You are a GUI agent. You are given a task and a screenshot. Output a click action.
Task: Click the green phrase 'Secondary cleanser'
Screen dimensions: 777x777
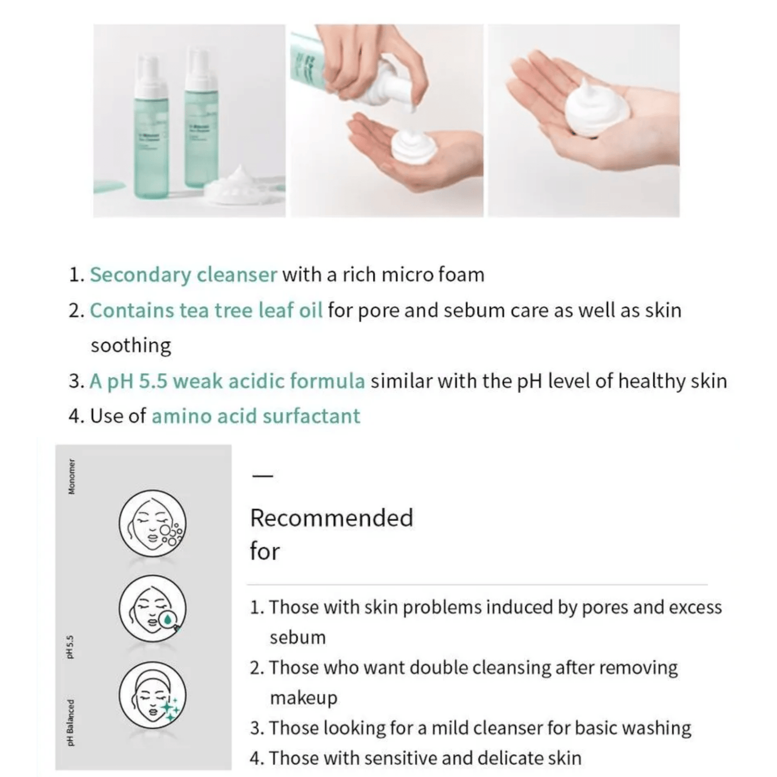183,275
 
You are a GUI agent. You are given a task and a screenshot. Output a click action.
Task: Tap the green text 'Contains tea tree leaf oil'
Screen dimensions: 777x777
206,310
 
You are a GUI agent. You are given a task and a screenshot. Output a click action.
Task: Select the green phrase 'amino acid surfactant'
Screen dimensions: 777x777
256,416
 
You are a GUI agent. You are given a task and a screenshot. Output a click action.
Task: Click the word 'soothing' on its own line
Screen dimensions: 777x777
131,345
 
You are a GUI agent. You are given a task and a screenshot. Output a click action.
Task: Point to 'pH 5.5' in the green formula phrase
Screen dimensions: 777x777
138,381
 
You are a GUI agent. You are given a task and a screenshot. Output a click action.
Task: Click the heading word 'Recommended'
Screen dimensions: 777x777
331,518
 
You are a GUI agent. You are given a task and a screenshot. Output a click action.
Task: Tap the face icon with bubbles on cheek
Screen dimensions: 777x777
152,523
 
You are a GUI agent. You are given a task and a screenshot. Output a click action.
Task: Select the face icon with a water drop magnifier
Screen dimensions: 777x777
152,609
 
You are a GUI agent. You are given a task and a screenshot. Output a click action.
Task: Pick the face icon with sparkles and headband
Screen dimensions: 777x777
152,695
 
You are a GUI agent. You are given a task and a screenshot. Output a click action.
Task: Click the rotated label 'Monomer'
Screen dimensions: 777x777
72,476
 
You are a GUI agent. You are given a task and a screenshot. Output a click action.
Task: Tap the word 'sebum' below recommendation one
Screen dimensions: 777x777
297,638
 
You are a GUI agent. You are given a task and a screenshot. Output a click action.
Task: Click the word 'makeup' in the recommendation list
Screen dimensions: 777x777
303,698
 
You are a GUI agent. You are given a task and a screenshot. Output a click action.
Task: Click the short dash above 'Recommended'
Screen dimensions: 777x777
262,476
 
